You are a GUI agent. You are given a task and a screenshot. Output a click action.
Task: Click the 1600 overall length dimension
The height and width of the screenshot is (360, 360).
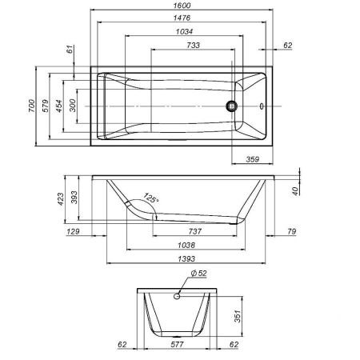pyautogui.click(x=184, y=5)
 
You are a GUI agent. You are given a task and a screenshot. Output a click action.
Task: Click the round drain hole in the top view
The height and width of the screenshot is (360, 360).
pyautogui.click(x=233, y=105)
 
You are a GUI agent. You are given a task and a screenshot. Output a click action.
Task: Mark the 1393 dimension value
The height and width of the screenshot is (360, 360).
pyautogui.click(x=185, y=260)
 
